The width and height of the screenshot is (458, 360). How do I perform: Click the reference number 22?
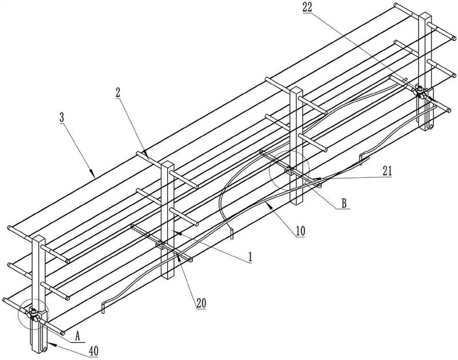tap(307, 7)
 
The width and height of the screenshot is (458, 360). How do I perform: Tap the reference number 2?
tap(119, 93)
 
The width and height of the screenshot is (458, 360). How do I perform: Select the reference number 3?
tap(62, 118)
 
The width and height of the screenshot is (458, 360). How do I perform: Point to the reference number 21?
tap(387, 171)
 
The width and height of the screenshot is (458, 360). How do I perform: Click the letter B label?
tap(345, 203)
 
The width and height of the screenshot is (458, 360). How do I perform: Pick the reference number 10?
tap(301, 231)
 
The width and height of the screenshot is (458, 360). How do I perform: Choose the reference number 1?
tap(250, 257)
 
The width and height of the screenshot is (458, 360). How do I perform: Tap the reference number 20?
tap(202, 303)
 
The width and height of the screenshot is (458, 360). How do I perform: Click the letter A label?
tap(78, 337)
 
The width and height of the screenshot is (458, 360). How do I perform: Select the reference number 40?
tap(94, 351)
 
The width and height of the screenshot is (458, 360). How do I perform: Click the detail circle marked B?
tap(290, 170)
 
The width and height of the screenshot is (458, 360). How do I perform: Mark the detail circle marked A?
tap(33, 314)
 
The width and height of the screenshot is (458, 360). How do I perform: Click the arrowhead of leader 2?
tap(146, 154)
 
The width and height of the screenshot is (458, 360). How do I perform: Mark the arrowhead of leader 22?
tap(432, 100)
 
